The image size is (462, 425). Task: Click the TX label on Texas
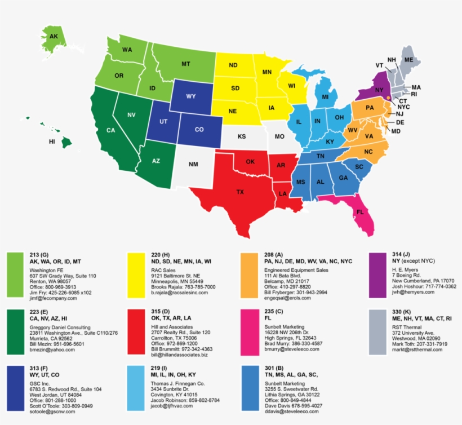240,192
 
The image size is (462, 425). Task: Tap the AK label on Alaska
54,37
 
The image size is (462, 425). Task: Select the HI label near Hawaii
52,141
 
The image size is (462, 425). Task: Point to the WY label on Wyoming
191,96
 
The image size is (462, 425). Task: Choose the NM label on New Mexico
193,165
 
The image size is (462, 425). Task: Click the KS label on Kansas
242,137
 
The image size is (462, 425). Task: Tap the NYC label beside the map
403,107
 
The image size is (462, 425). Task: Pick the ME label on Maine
408,60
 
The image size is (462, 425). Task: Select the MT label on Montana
185,64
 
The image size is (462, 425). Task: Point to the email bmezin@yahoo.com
52,349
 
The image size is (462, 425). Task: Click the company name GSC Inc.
41,383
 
